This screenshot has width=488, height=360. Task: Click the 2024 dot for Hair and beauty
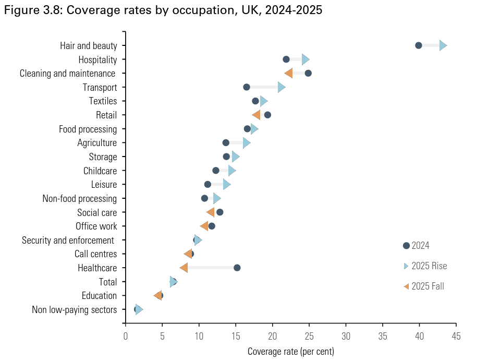419,45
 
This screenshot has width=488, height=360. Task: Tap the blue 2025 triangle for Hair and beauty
443,45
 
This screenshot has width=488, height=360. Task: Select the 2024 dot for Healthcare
237,268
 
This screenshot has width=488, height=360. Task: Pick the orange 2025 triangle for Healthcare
184,268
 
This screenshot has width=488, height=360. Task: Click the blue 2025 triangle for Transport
282,87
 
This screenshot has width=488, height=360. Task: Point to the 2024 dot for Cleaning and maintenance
308,73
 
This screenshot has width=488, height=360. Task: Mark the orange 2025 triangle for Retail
256,115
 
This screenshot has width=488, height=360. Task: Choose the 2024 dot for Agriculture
226,142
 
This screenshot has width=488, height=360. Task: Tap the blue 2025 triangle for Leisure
226,184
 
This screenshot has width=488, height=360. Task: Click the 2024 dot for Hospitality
286,59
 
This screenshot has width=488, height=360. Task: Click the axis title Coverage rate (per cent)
291,351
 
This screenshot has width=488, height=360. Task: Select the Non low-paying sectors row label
75,310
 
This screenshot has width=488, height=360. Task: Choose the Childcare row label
100,171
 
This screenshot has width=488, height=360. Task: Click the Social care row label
97,212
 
